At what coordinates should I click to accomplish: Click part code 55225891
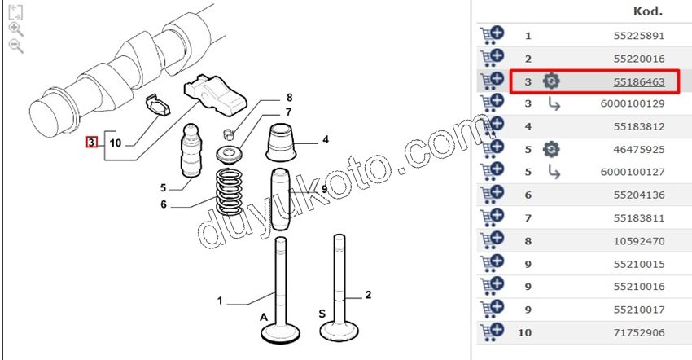[x=638, y=36]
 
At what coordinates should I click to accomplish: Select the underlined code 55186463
[x=638, y=81]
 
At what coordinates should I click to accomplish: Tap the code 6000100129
[x=633, y=103]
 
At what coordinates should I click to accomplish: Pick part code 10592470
[x=638, y=241]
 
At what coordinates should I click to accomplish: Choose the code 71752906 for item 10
[x=638, y=332]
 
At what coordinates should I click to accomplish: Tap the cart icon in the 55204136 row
[x=492, y=195]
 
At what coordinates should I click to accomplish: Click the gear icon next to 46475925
[x=551, y=149]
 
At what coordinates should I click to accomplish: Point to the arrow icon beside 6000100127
[x=554, y=172]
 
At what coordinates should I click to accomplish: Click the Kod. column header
[x=648, y=11]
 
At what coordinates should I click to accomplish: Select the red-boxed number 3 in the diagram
[x=91, y=143]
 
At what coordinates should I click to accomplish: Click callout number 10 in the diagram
[x=115, y=143]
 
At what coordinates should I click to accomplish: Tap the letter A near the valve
[x=264, y=317]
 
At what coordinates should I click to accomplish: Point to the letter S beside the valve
[x=322, y=314]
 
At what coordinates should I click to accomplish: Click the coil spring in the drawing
[x=229, y=192]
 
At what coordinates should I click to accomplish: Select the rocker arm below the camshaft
[x=215, y=94]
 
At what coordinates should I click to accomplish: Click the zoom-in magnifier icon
[x=16, y=29]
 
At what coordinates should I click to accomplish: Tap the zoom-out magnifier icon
[x=16, y=46]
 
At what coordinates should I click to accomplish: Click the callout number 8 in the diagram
[x=289, y=98]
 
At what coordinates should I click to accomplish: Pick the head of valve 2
[x=339, y=331]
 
